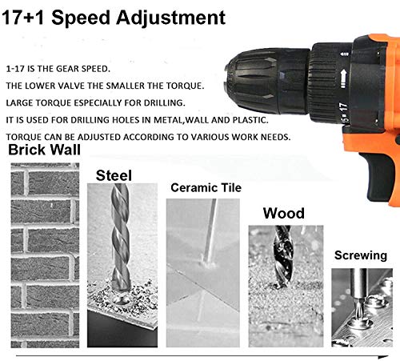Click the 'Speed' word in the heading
point(81,18)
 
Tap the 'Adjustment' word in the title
point(170,18)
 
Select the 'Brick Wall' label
point(44,150)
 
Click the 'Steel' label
point(114,175)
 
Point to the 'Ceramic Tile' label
point(206,187)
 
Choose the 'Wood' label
point(284,213)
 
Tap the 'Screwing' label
point(361,255)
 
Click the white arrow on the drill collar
point(344,78)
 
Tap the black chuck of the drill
point(266,81)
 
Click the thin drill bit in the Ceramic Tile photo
point(210,231)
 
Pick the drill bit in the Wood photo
point(283,257)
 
